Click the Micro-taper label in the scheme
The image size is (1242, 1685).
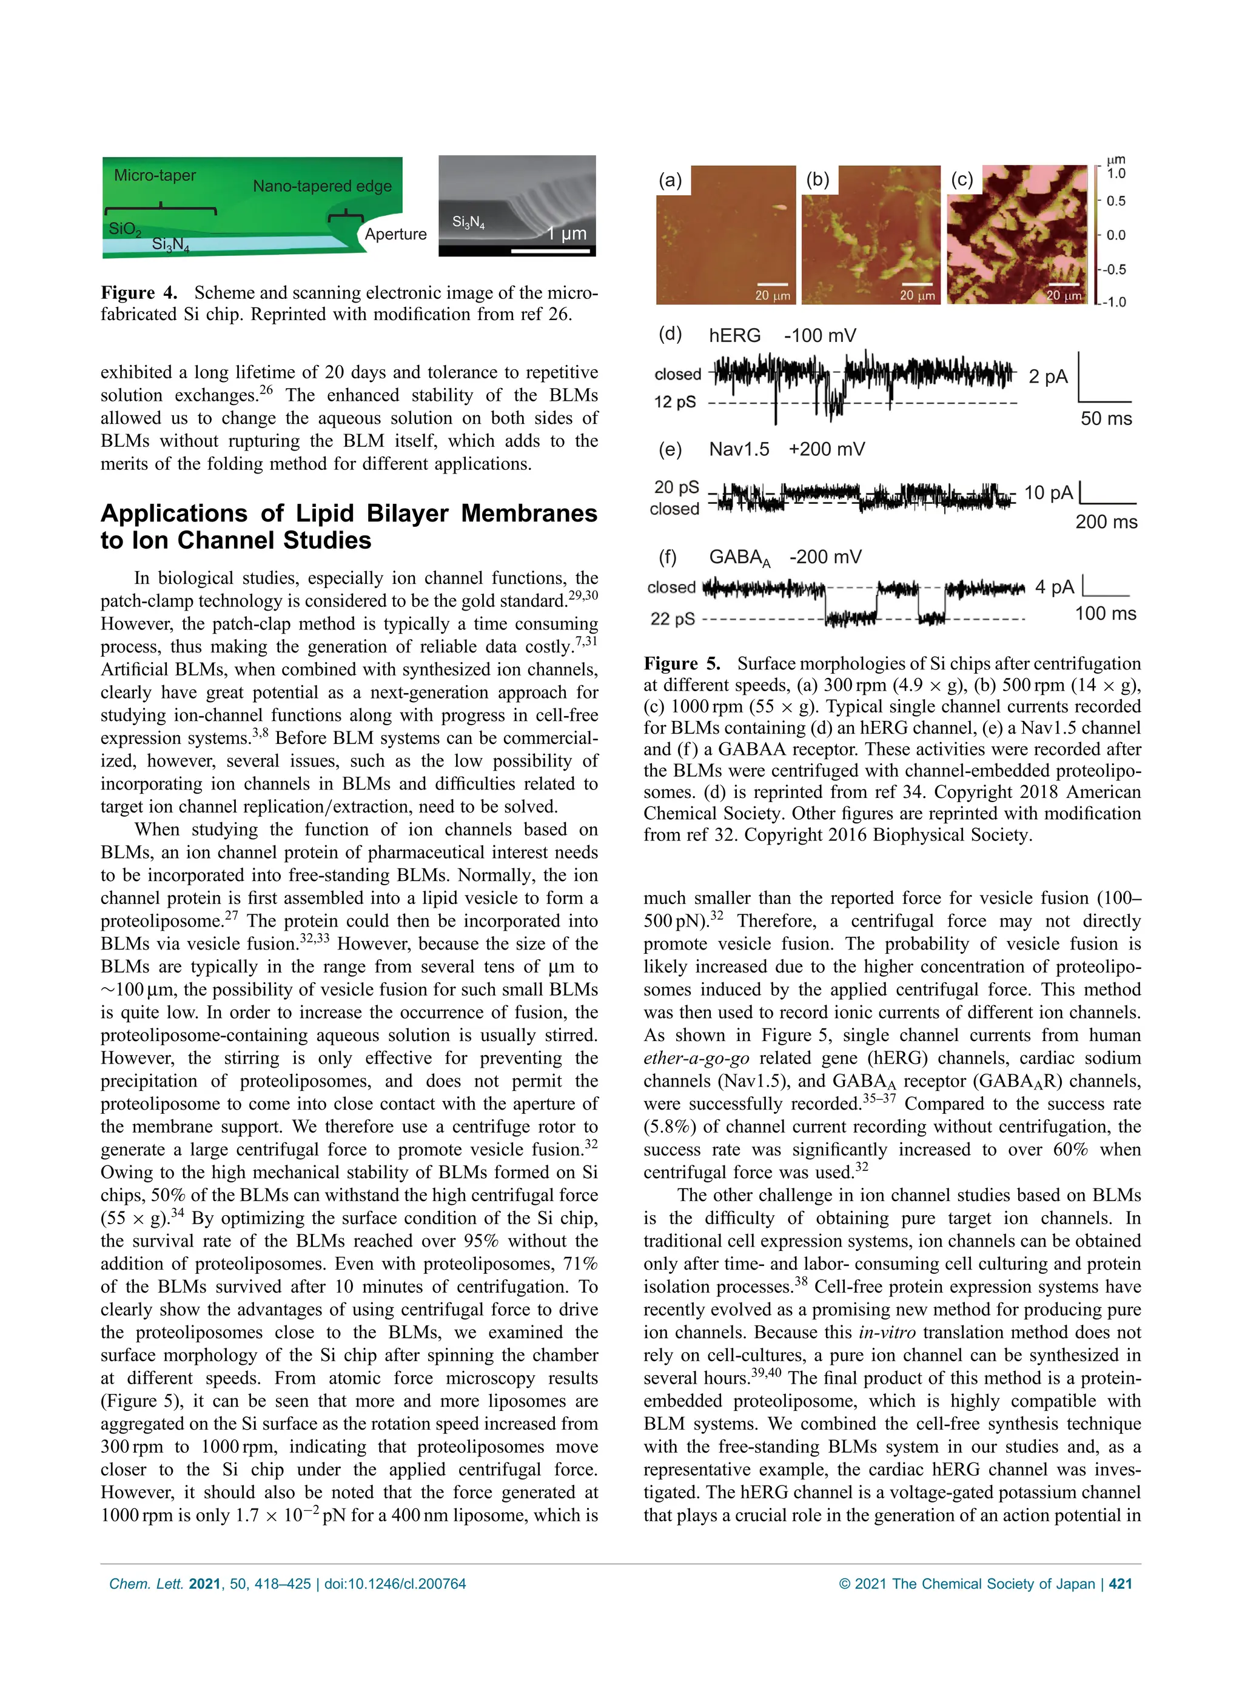point(154,175)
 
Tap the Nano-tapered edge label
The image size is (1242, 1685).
point(322,186)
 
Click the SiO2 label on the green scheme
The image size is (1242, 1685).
point(124,229)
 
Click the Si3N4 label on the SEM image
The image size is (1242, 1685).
point(468,222)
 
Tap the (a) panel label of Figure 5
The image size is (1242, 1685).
point(670,179)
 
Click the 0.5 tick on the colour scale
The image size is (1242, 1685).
point(1116,201)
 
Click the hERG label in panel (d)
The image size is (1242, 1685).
point(734,335)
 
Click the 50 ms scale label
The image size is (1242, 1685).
point(1106,418)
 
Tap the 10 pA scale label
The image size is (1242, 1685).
point(1048,493)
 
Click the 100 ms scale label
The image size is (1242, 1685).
point(1105,613)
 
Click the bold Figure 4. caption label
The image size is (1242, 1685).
point(139,292)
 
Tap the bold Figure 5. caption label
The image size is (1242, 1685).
point(681,663)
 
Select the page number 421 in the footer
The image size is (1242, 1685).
point(1120,1584)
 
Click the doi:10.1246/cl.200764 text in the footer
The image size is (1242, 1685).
point(395,1584)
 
